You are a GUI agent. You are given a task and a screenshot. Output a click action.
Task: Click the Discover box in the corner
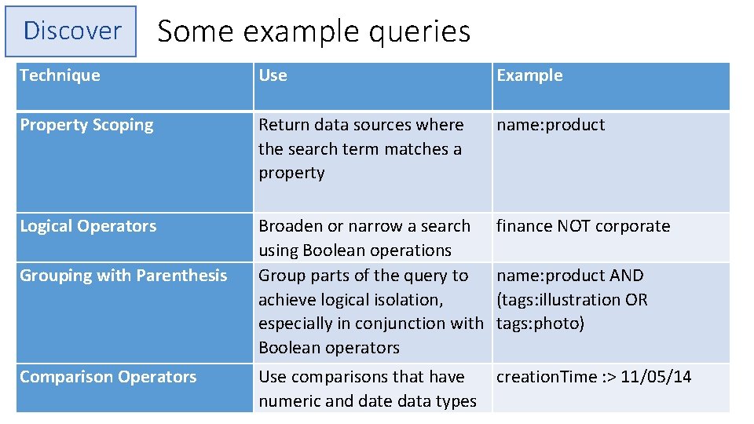pyautogui.click(x=71, y=31)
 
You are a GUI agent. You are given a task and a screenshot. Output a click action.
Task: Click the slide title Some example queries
pyautogui.click(x=313, y=31)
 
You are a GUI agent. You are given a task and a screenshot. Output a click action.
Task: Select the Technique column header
pyautogui.click(x=60, y=75)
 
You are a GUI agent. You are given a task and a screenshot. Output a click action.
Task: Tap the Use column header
pyautogui.click(x=273, y=75)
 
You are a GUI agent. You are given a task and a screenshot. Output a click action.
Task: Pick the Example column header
pyautogui.click(x=529, y=75)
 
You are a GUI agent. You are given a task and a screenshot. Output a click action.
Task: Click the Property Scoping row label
pyautogui.click(x=86, y=125)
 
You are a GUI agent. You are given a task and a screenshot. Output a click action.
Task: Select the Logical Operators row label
pyautogui.click(x=88, y=226)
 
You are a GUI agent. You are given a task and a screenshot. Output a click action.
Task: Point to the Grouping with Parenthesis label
pyautogui.click(x=123, y=276)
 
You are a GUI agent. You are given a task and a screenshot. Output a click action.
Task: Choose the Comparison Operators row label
pyautogui.click(x=108, y=377)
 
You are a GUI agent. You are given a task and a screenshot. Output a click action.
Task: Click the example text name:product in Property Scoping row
pyautogui.click(x=551, y=125)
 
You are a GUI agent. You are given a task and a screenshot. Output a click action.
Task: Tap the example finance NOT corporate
pyautogui.click(x=583, y=226)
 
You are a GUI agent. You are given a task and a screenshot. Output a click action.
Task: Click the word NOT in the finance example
pyautogui.click(x=575, y=226)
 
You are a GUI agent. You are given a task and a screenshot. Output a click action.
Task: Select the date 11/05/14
pyautogui.click(x=656, y=377)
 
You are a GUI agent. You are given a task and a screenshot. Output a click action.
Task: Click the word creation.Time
pyautogui.click(x=547, y=377)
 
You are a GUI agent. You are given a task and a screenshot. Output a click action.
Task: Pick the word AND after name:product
pyautogui.click(x=626, y=276)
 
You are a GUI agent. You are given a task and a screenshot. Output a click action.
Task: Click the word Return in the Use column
pyautogui.click(x=283, y=125)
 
